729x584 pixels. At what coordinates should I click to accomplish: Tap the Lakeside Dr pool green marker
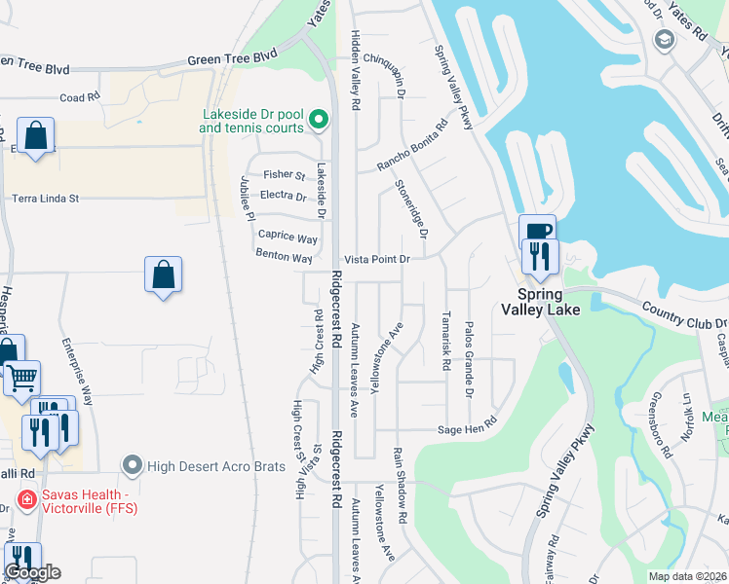pos(318,121)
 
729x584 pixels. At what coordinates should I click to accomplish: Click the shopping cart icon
pos(21,377)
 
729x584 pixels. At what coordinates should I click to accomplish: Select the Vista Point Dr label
pos(376,260)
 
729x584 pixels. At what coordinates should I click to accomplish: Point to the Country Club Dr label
pos(684,314)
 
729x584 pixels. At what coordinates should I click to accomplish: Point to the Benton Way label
pos(284,258)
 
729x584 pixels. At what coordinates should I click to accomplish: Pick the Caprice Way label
pos(288,237)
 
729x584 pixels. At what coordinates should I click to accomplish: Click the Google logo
pos(32,572)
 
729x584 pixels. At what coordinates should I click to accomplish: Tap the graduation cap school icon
pos(665,39)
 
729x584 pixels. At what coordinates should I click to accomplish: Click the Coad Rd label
pos(80,97)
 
